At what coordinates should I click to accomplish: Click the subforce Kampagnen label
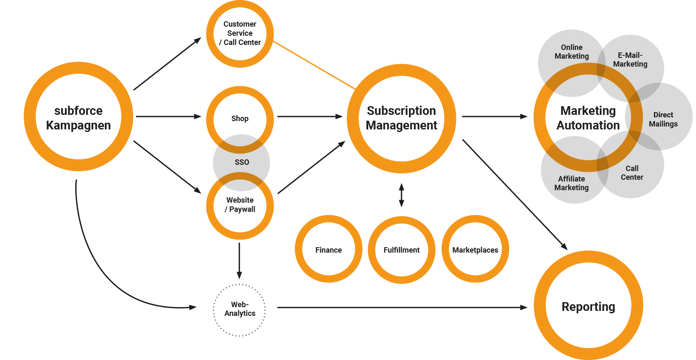79,118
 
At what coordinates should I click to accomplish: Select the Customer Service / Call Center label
240,33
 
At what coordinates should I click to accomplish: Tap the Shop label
240,119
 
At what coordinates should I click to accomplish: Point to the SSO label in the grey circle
242,162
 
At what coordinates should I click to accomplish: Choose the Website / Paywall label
240,205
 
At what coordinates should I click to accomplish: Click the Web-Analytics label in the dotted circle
240,309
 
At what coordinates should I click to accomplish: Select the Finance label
328,250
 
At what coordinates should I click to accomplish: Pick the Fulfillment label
401,250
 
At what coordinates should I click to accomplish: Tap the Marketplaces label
475,250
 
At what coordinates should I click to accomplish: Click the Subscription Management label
401,118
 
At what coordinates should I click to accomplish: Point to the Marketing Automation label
588,118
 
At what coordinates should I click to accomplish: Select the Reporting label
588,307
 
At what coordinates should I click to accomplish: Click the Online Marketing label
572,52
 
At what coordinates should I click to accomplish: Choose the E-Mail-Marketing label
630,60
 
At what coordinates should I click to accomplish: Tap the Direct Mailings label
663,119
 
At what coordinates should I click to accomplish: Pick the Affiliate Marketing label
571,183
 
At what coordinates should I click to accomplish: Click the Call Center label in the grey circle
632,173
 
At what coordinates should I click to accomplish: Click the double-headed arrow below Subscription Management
401,195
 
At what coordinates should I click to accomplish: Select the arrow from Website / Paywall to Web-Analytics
239,260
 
